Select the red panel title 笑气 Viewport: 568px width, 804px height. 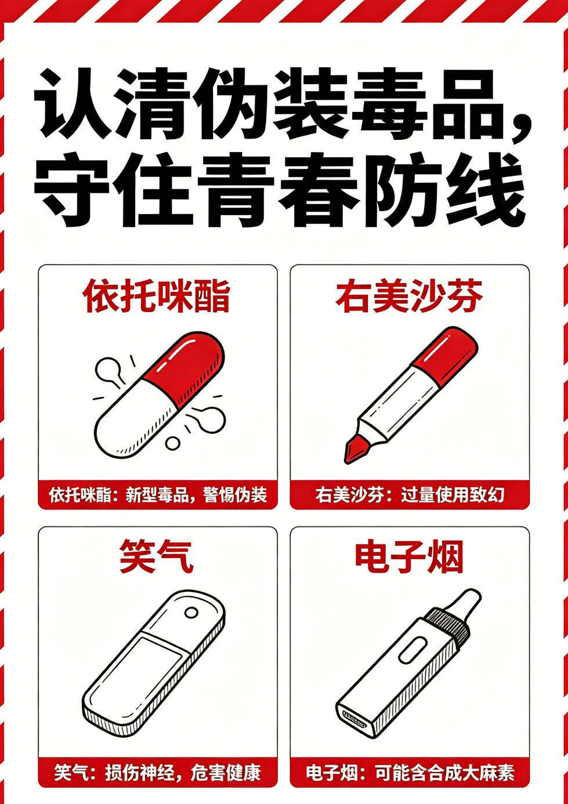pyautogui.click(x=157, y=556)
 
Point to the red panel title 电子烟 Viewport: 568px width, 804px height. pyautogui.click(x=409, y=557)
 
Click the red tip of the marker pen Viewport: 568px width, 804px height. pyautogui.click(x=356, y=449)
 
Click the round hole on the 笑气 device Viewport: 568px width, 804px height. pyautogui.click(x=191, y=613)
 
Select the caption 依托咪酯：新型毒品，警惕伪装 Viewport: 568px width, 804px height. pyautogui.click(x=158, y=495)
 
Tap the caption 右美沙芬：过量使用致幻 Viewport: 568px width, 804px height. pyautogui.click(x=410, y=495)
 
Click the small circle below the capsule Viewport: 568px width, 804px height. pyautogui.click(x=173, y=444)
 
